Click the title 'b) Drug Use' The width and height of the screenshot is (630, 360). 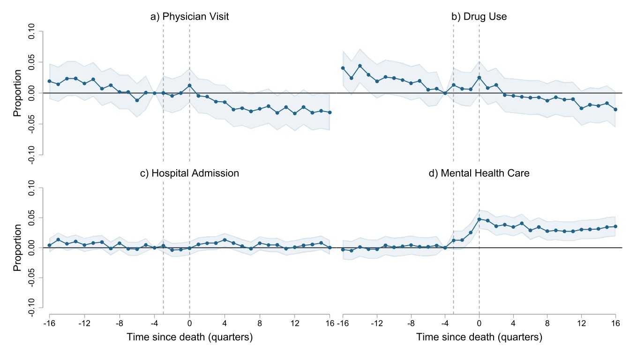[479, 17]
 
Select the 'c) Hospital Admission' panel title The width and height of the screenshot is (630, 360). [189, 173]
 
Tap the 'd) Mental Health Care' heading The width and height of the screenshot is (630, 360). [479, 173]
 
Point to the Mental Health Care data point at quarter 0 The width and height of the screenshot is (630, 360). [479, 219]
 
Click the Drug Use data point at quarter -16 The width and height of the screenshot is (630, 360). [343, 68]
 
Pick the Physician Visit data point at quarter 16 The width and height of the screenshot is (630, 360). [330, 112]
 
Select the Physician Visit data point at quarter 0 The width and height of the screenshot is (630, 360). [189, 85]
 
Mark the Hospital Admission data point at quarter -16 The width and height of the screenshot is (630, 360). [49, 245]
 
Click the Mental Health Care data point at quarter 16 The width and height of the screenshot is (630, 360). [615, 226]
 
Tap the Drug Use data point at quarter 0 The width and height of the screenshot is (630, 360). [479, 77]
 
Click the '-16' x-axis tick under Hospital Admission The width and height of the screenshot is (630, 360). [49, 324]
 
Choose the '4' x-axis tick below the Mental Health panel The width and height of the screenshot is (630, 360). [513, 324]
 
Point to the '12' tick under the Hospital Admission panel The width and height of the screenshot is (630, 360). [295, 324]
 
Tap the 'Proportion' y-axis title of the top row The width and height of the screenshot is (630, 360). [17, 93]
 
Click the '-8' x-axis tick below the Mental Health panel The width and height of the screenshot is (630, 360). [411, 324]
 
